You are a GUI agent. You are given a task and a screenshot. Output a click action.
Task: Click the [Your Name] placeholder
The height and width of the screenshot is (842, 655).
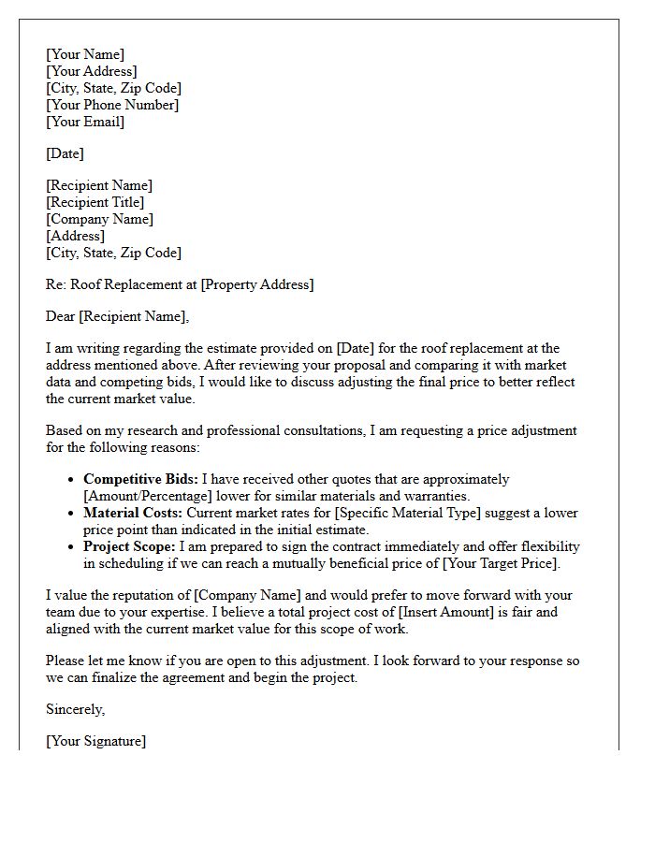pos(85,54)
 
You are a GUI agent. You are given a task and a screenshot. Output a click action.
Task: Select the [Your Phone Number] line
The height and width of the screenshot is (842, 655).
pos(112,105)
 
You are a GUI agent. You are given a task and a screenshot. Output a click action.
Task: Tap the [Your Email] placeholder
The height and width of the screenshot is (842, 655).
pos(85,122)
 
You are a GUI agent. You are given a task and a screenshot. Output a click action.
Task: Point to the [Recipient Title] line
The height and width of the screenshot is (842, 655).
pos(95,202)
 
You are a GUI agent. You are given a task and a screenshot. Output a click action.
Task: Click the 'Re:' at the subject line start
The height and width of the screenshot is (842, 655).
pos(56,284)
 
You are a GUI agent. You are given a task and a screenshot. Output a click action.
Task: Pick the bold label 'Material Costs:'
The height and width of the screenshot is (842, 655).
pos(133,513)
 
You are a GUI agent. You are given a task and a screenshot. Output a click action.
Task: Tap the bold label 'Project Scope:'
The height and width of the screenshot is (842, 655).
pos(129,546)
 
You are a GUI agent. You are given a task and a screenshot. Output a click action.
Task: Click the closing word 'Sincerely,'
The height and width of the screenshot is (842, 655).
pos(76,709)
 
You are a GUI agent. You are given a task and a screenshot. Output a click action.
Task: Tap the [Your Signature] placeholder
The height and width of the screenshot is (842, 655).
pos(96,741)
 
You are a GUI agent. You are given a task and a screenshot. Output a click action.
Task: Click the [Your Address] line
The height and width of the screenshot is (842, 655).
pos(92,71)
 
